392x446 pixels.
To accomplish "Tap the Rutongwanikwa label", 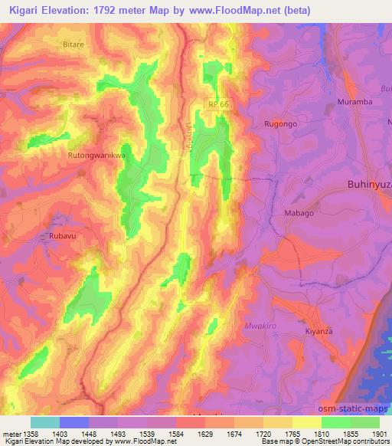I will pyautogui.click(x=96, y=155).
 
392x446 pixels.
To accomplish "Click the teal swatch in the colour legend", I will pyautogui.click(x=44, y=421).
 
